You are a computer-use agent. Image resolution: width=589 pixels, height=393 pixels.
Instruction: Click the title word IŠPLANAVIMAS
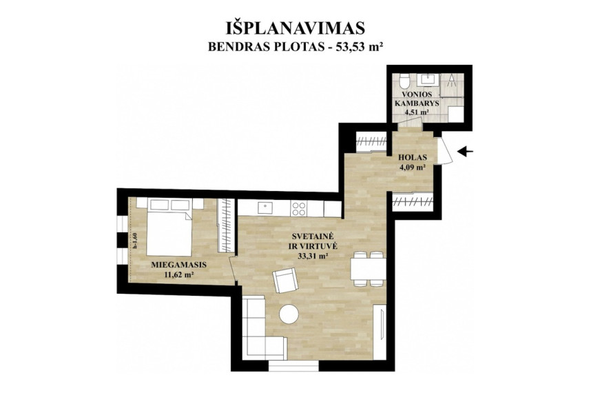(296, 28)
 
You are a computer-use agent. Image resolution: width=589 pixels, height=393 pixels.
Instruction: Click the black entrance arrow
(466, 152)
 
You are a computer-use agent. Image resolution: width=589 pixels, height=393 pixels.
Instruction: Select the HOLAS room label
(413, 158)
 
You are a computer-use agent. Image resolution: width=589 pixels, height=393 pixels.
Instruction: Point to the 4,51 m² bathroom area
(416, 112)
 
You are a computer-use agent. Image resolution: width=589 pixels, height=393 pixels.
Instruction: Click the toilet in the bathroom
(404, 81)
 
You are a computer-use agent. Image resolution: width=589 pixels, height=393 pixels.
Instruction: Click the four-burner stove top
(300, 208)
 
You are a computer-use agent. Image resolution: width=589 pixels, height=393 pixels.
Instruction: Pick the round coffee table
(289, 314)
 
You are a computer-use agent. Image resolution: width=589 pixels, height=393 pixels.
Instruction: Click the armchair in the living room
(285, 280)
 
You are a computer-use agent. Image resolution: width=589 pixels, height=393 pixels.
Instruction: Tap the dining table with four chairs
(367, 270)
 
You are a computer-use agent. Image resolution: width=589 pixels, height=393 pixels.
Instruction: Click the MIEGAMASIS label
(179, 265)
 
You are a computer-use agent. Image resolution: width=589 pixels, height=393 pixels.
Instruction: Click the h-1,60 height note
(135, 241)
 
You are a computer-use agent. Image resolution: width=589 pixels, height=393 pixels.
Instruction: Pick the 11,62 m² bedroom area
(179, 274)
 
